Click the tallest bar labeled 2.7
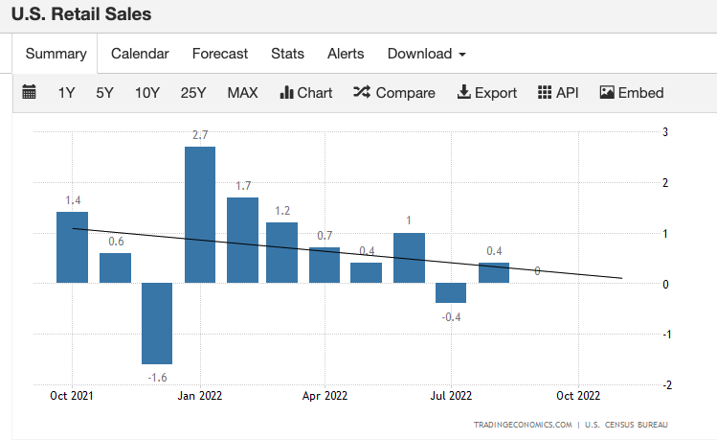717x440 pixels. (199, 215)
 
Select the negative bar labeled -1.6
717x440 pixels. (157, 323)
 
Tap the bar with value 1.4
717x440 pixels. (72, 247)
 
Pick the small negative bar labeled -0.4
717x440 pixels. (451, 292)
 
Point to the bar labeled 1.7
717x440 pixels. (242, 240)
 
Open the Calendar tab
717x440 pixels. (140, 54)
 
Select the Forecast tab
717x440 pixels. (219, 54)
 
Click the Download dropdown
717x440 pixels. (426, 54)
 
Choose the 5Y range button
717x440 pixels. (104, 93)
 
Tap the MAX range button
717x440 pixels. (242, 93)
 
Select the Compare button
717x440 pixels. (394, 93)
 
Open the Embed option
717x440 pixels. (632, 93)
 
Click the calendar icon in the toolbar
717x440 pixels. (29, 93)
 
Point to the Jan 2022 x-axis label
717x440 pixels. (199, 395)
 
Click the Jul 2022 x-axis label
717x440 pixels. (451, 395)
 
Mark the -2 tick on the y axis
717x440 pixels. (666, 384)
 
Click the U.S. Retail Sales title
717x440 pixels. (80, 14)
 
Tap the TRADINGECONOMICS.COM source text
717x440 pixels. (523, 424)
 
